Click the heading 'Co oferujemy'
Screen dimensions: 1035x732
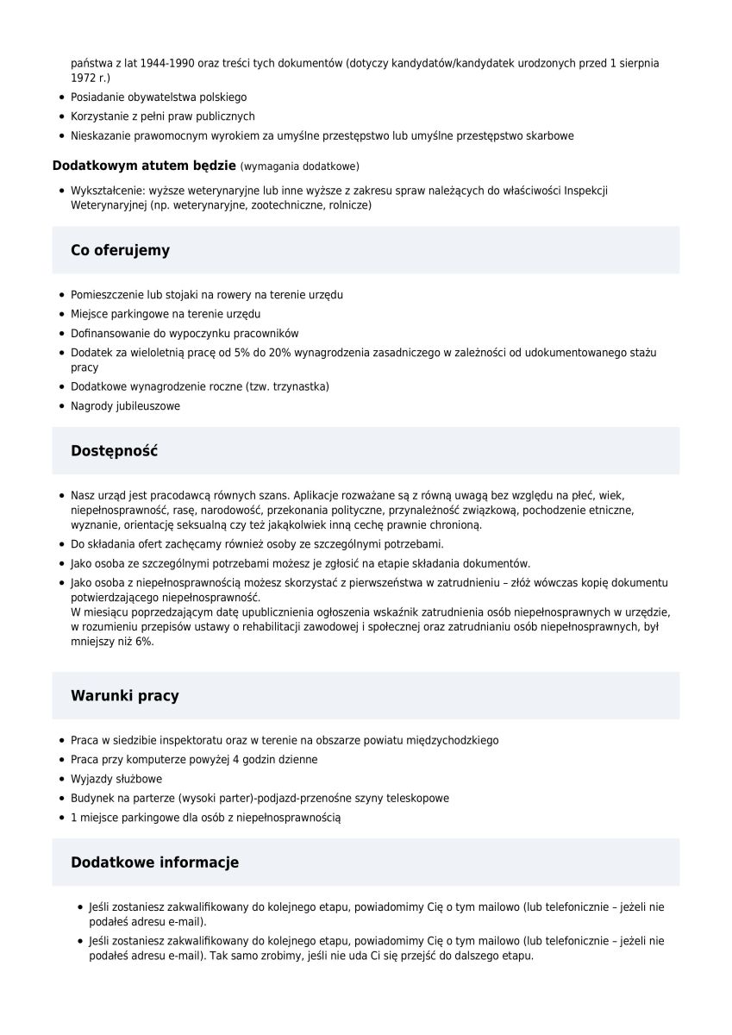(120, 251)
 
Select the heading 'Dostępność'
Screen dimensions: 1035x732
(114, 451)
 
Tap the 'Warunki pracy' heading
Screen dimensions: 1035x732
(125, 696)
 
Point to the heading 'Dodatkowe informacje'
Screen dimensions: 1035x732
(154, 862)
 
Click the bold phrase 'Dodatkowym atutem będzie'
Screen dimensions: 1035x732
(144, 165)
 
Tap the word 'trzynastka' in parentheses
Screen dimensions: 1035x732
(301, 386)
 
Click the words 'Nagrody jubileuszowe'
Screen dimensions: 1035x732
(126, 406)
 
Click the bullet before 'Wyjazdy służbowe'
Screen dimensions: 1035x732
(62, 780)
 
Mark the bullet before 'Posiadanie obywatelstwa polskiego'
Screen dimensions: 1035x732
(62, 98)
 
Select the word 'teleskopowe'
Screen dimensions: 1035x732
(419, 799)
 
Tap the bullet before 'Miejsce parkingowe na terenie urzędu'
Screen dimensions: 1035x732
(62, 315)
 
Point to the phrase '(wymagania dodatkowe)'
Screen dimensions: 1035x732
(300, 166)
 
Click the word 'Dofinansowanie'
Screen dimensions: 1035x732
(109, 334)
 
